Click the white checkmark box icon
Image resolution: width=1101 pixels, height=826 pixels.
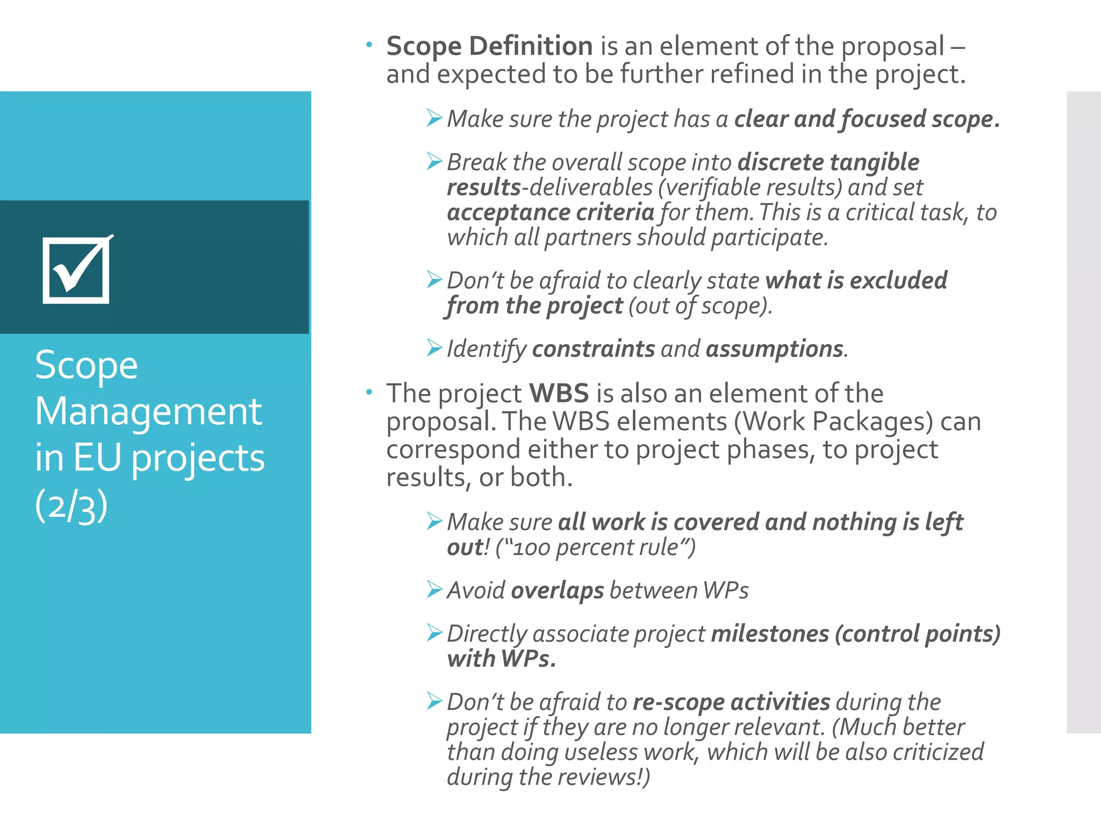click(x=76, y=270)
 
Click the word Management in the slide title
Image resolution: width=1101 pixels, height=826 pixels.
click(x=148, y=412)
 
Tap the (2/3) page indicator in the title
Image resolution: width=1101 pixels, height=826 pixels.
click(x=72, y=506)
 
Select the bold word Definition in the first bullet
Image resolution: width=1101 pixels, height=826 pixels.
click(x=531, y=46)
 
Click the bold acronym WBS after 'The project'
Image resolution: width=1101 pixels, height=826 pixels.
click(x=559, y=393)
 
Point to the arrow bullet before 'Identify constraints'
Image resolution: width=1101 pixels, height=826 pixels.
click(x=434, y=348)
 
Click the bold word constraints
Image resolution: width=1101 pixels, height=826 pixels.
click(x=594, y=349)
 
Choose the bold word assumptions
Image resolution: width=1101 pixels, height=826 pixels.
click(x=774, y=349)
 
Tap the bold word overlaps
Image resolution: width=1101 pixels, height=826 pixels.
click(x=557, y=591)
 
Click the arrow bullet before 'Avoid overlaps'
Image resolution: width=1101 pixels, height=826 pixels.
click(x=434, y=589)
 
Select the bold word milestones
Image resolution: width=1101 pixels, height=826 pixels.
click(x=770, y=634)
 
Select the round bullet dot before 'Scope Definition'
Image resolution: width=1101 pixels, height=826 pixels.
click(x=369, y=45)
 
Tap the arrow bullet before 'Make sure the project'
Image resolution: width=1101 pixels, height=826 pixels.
click(x=434, y=118)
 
